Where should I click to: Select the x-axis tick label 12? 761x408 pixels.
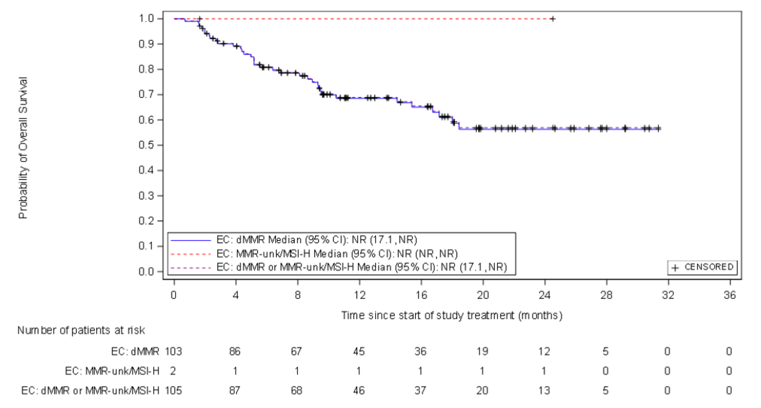359,295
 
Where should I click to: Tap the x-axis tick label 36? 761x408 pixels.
729,295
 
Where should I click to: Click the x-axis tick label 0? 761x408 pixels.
174,295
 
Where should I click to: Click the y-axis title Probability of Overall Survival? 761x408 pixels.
23,148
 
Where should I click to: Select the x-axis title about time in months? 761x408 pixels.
452,315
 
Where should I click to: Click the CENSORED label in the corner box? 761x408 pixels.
708,267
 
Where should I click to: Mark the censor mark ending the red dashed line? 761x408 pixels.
553,19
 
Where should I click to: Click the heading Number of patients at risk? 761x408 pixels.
81,330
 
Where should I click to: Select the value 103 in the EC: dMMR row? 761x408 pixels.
174,351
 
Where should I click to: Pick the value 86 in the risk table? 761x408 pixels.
235,351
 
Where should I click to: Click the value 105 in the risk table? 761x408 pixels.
174,391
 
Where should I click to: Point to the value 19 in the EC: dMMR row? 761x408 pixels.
482,351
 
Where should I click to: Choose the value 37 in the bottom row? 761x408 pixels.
420,391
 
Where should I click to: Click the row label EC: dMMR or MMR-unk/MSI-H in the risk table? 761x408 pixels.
90,391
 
